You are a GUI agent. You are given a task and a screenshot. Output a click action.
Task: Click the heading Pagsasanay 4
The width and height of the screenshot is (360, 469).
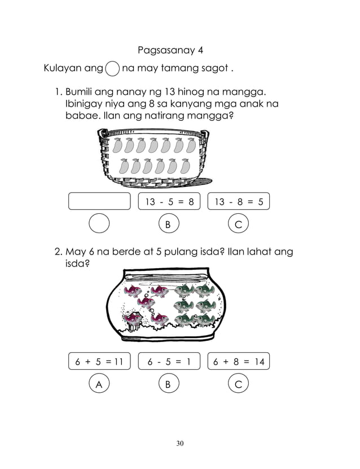(x=170, y=51)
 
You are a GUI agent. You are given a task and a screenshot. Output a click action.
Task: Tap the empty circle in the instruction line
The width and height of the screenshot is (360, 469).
(x=112, y=69)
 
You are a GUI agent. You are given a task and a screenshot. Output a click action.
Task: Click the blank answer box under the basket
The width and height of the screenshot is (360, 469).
(x=99, y=201)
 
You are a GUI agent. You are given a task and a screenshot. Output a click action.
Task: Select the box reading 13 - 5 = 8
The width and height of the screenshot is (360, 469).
(x=169, y=201)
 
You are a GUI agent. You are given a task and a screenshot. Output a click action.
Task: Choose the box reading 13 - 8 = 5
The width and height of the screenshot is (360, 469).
(x=239, y=201)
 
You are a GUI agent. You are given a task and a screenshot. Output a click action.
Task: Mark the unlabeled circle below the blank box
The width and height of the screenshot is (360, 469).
(x=99, y=224)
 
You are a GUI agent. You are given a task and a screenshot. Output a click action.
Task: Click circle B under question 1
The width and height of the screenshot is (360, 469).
(x=168, y=224)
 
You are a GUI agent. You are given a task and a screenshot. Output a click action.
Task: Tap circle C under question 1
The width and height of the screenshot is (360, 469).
(x=239, y=224)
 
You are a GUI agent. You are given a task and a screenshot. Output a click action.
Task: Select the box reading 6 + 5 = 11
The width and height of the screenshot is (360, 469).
(x=99, y=362)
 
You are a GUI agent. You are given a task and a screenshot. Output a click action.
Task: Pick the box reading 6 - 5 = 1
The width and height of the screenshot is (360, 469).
(x=169, y=362)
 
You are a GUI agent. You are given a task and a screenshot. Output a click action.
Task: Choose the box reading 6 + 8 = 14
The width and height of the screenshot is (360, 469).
(x=239, y=362)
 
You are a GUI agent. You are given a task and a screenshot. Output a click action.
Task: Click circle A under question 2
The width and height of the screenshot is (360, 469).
(x=99, y=384)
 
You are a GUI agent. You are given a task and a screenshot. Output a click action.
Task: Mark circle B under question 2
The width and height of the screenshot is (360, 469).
(x=168, y=384)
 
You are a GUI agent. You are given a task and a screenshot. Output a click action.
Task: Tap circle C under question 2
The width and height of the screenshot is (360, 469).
(x=239, y=384)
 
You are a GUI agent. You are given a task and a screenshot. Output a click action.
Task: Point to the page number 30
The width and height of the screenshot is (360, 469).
(x=179, y=443)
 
